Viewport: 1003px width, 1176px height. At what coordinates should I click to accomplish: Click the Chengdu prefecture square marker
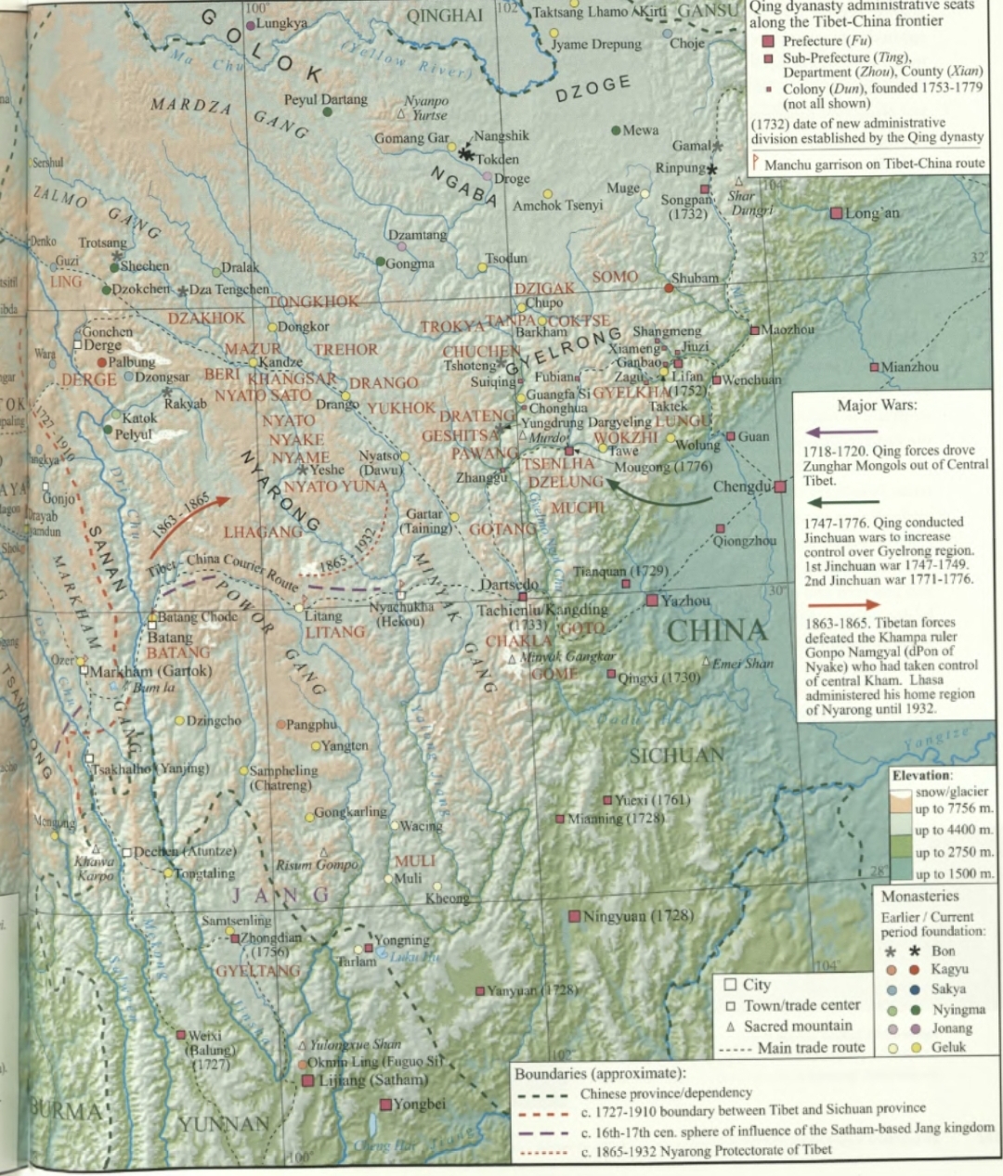(x=780, y=486)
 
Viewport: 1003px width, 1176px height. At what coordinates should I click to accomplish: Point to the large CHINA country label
(x=717, y=631)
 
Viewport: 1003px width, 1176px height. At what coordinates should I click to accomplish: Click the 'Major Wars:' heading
(x=878, y=406)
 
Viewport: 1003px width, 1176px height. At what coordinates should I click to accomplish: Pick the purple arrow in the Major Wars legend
(x=841, y=432)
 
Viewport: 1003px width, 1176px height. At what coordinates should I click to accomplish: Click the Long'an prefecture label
(x=872, y=213)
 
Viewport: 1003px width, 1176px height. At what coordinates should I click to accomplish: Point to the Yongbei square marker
(x=385, y=1105)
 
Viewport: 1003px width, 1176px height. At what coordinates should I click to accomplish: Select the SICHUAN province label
(x=676, y=755)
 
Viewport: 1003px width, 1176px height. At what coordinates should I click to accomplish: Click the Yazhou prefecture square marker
(x=652, y=601)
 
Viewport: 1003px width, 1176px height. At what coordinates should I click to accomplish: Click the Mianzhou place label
(x=909, y=368)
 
